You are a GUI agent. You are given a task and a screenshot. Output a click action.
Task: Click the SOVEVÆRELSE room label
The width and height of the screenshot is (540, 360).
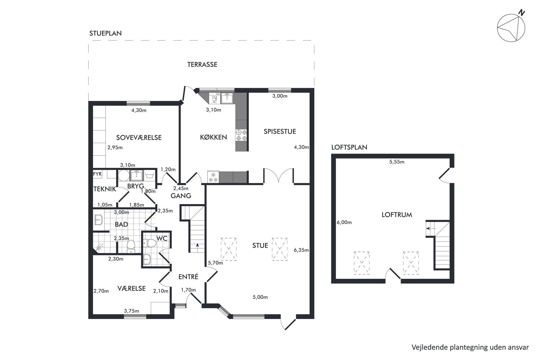pyautogui.click(x=139, y=138)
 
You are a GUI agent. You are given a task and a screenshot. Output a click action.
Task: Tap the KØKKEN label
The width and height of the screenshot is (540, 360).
pyautogui.click(x=213, y=137)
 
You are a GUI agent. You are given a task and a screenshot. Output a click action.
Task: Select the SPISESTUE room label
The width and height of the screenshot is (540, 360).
pyautogui.click(x=280, y=131)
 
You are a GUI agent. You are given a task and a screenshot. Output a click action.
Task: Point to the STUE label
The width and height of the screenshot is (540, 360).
pyautogui.click(x=260, y=245)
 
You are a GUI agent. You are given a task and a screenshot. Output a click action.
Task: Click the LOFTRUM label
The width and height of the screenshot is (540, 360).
pyautogui.click(x=397, y=215)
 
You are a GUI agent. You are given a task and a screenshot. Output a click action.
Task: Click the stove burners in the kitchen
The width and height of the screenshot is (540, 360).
pyautogui.click(x=241, y=135)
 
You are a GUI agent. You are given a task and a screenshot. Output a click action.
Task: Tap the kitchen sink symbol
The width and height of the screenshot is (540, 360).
pyautogui.click(x=227, y=98)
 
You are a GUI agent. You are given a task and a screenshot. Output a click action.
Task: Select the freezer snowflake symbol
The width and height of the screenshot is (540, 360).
pyautogui.click(x=213, y=177)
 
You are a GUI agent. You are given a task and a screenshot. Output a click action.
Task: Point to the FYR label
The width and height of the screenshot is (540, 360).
pyautogui.click(x=97, y=174)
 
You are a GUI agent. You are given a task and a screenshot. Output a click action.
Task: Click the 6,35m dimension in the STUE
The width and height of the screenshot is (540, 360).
pyautogui.click(x=301, y=250)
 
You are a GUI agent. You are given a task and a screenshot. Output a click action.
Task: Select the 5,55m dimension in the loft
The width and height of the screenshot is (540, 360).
pyautogui.click(x=397, y=162)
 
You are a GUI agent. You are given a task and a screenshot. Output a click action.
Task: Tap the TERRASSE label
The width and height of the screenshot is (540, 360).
pyautogui.click(x=202, y=64)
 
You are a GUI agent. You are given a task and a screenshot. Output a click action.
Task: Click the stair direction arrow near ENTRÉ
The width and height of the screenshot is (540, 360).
pyautogui.click(x=197, y=246)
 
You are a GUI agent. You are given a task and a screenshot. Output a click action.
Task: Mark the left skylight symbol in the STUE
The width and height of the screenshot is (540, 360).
pyautogui.click(x=229, y=249)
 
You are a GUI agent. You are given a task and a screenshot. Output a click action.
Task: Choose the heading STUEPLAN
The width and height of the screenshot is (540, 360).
pyautogui.click(x=106, y=33)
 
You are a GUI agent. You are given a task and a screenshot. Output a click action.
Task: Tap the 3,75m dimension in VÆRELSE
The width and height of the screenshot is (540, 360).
pyautogui.click(x=131, y=311)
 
